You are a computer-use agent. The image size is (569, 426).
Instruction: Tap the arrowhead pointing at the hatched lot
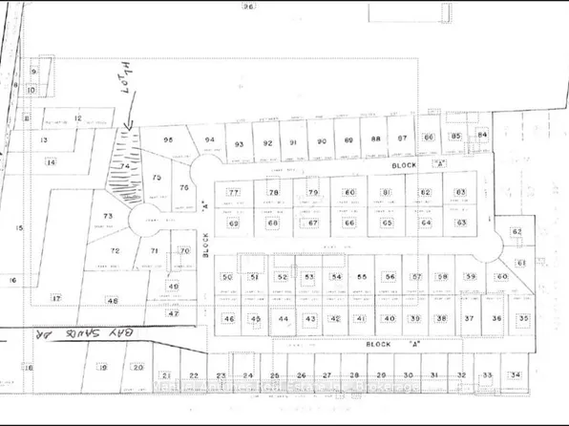pyautogui.click(x=128, y=124)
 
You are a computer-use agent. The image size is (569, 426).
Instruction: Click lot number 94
pyautogui.click(x=210, y=140)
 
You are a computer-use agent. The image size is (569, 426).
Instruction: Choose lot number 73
pyautogui.click(x=108, y=217)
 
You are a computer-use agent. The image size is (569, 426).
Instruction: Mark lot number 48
pyautogui.click(x=113, y=300)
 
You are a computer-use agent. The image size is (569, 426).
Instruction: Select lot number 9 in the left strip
pyautogui.click(x=33, y=72)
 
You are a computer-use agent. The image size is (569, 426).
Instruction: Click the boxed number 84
pyautogui.click(x=482, y=135)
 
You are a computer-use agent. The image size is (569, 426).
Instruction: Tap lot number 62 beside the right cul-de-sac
pyautogui.click(x=516, y=232)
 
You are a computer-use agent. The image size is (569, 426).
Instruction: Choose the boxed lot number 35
pyautogui.click(x=522, y=317)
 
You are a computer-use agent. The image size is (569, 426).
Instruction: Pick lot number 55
pyautogui.click(x=362, y=276)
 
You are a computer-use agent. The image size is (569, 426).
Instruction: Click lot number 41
pyautogui.click(x=361, y=318)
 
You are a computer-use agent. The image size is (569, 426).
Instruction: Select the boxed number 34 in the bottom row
pyautogui.click(x=516, y=375)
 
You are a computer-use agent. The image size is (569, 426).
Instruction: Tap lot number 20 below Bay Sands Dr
pyautogui.click(x=137, y=367)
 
